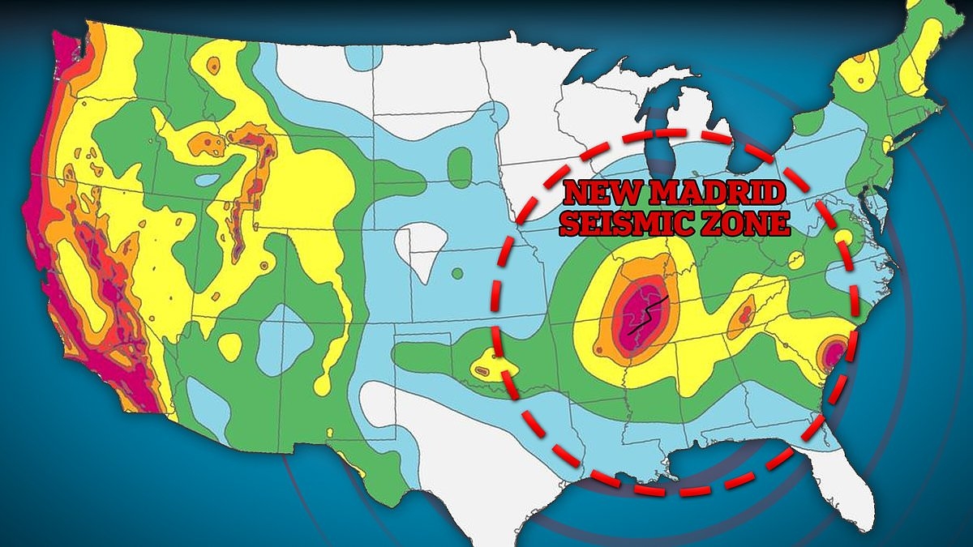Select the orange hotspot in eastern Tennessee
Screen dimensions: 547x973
coord(742,318)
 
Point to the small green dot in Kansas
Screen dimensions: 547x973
coord(456,272)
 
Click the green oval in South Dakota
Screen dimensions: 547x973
coord(460,165)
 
